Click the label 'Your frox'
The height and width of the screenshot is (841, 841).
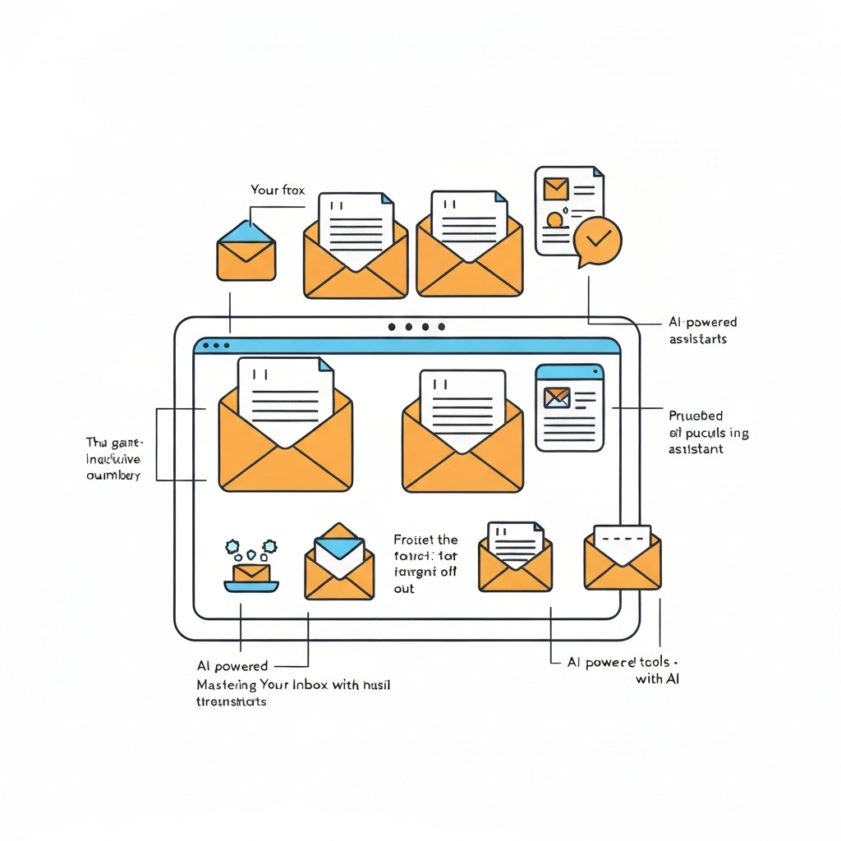pyautogui.click(x=277, y=190)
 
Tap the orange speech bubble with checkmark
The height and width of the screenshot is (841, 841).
pyautogui.click(x=598, y=240)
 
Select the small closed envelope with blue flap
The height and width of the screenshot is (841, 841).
pyautogui.click(x=246, y=250)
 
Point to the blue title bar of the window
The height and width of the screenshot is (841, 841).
pyautogui.click(x=407, y=346)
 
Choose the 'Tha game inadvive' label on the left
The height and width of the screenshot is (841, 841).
pyautogui.click(x=114, y=459)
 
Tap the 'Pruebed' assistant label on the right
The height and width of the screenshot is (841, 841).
pyautogui.click(x=696, y=416)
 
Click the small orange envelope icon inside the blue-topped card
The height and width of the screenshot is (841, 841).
pyautogui.click(x=556, y=398)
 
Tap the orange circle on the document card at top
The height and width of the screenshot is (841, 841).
pyautogui.click(x=555, y=220)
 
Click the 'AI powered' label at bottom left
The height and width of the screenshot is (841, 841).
pyautogui.click(x=232, y=666)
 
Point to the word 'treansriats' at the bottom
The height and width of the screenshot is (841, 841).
pyautogui.click(x=232, y=702)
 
